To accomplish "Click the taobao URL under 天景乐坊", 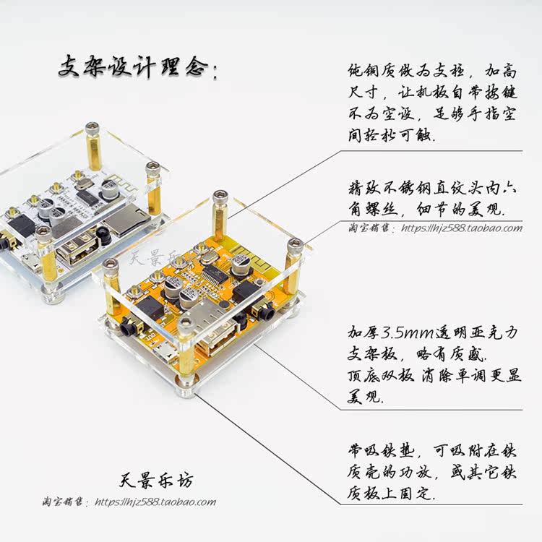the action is click(155, 502).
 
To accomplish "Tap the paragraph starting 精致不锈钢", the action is click(423, 199).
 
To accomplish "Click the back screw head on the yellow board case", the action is click(220, 197).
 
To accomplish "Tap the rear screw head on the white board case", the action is click(93, 129).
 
